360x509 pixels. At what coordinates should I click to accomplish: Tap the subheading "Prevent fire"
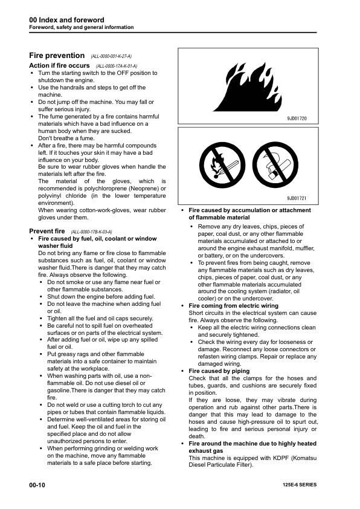pyautogui.click(x=47, y=232)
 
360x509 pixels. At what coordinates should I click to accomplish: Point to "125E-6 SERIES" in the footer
pyautogui.click(x=299, y=485)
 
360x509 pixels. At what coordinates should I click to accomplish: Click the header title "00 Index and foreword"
pyautogui.click(x=66, y=20)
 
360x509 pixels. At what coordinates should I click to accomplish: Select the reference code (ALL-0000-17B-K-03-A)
pyautogui.click(x=92, y=232)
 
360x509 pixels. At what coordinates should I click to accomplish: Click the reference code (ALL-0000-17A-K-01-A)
pyautogui.click(x=116, y=66)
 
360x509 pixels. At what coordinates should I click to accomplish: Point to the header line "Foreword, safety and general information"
pyautogui.click(x=82, y=28)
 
